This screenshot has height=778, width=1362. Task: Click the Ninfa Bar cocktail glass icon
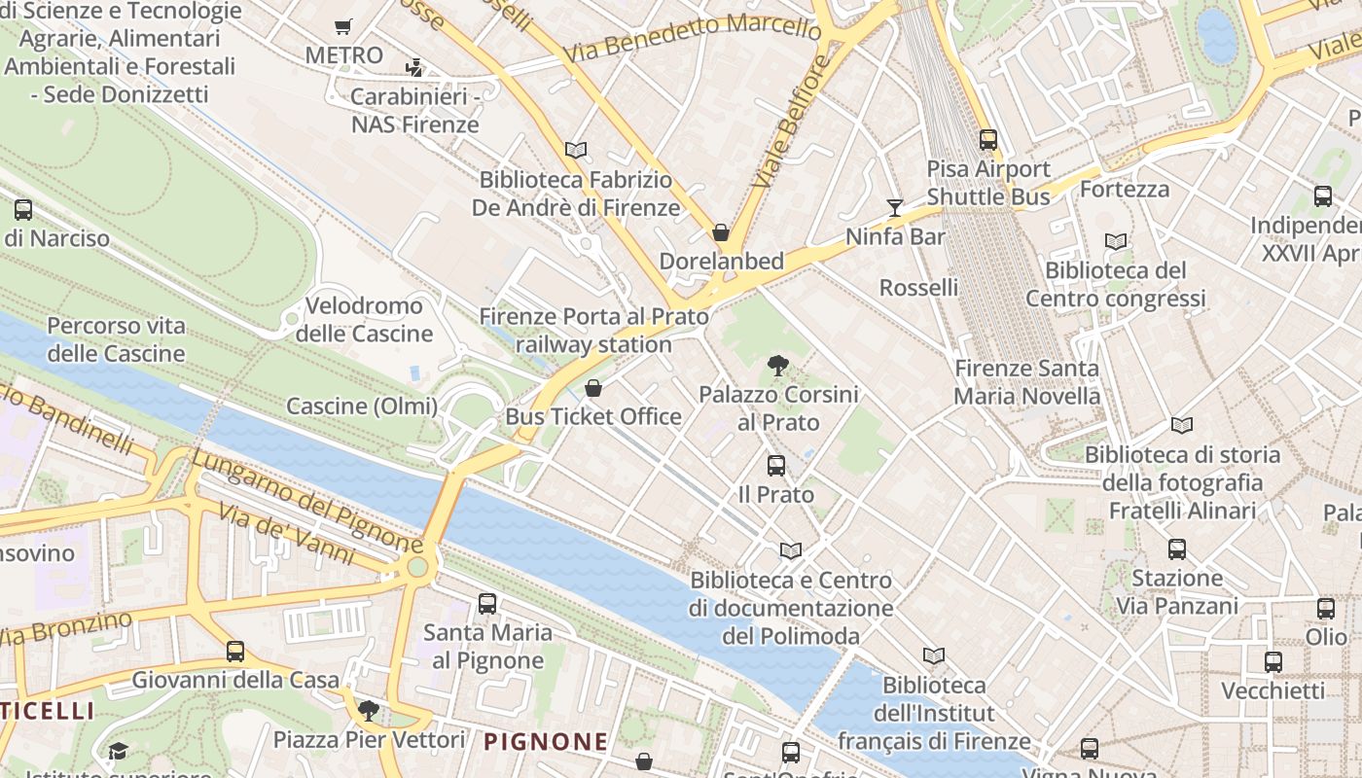tap(894, 207)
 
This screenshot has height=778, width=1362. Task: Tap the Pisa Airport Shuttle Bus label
tap(987, 183)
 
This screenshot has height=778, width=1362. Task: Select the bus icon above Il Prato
tap(775, 466)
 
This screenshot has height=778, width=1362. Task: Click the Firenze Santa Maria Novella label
tap(1026, 382)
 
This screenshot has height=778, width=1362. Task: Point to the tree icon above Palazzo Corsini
tap(777, 366)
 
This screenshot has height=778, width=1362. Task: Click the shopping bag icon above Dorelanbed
tap(721, 232)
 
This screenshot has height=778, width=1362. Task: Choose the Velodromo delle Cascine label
tap(364, 320)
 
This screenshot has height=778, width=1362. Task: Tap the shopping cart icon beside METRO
tap(342, 27)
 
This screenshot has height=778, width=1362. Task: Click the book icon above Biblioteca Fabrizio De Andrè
tap(576, 151)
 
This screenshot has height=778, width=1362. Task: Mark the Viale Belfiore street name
tap(791, 122)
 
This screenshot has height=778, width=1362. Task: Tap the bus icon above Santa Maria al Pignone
tap(487, 604)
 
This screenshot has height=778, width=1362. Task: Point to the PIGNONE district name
tap(546, 742)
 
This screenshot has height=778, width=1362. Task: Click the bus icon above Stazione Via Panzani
tap(1176, 549)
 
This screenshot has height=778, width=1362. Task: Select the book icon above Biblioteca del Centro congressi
tap(1116, 242)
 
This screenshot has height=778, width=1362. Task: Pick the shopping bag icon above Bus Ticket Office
tap(593, 388)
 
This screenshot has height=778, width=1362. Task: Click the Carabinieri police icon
tap(414, 68)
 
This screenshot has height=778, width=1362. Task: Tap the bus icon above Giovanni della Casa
tap(235, 652)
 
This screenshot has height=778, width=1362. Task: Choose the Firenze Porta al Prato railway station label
tap(593, 331)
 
